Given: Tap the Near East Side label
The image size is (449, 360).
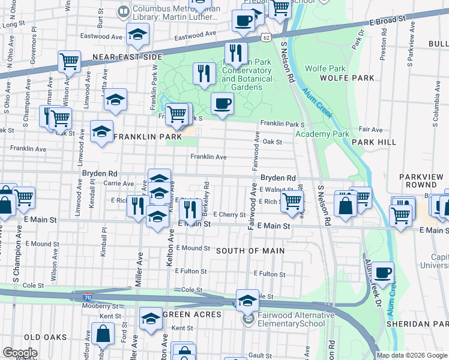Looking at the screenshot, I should pyautogui.click(x=127, y=57).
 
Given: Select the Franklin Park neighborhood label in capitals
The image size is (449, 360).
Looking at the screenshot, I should pyautogui.click(x=148, y=137).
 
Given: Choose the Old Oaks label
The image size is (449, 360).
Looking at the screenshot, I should pyautogui.click(x=45, y=337).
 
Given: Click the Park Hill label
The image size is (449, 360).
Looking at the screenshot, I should pyautogui.click(x=374, y=142).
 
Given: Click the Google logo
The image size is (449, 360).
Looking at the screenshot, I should pyautogui.click(x=19, y=353).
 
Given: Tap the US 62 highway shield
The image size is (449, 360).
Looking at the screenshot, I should pyautogui.click(x=266, y=37).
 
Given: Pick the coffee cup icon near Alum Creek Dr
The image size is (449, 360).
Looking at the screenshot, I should pyautogui.click(x=382, y=273).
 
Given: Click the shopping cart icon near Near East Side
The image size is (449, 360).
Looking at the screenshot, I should pyautogui.click(x=70, y=61).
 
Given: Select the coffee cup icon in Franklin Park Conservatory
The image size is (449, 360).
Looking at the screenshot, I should pyautogui.click(x=222, y=103).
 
